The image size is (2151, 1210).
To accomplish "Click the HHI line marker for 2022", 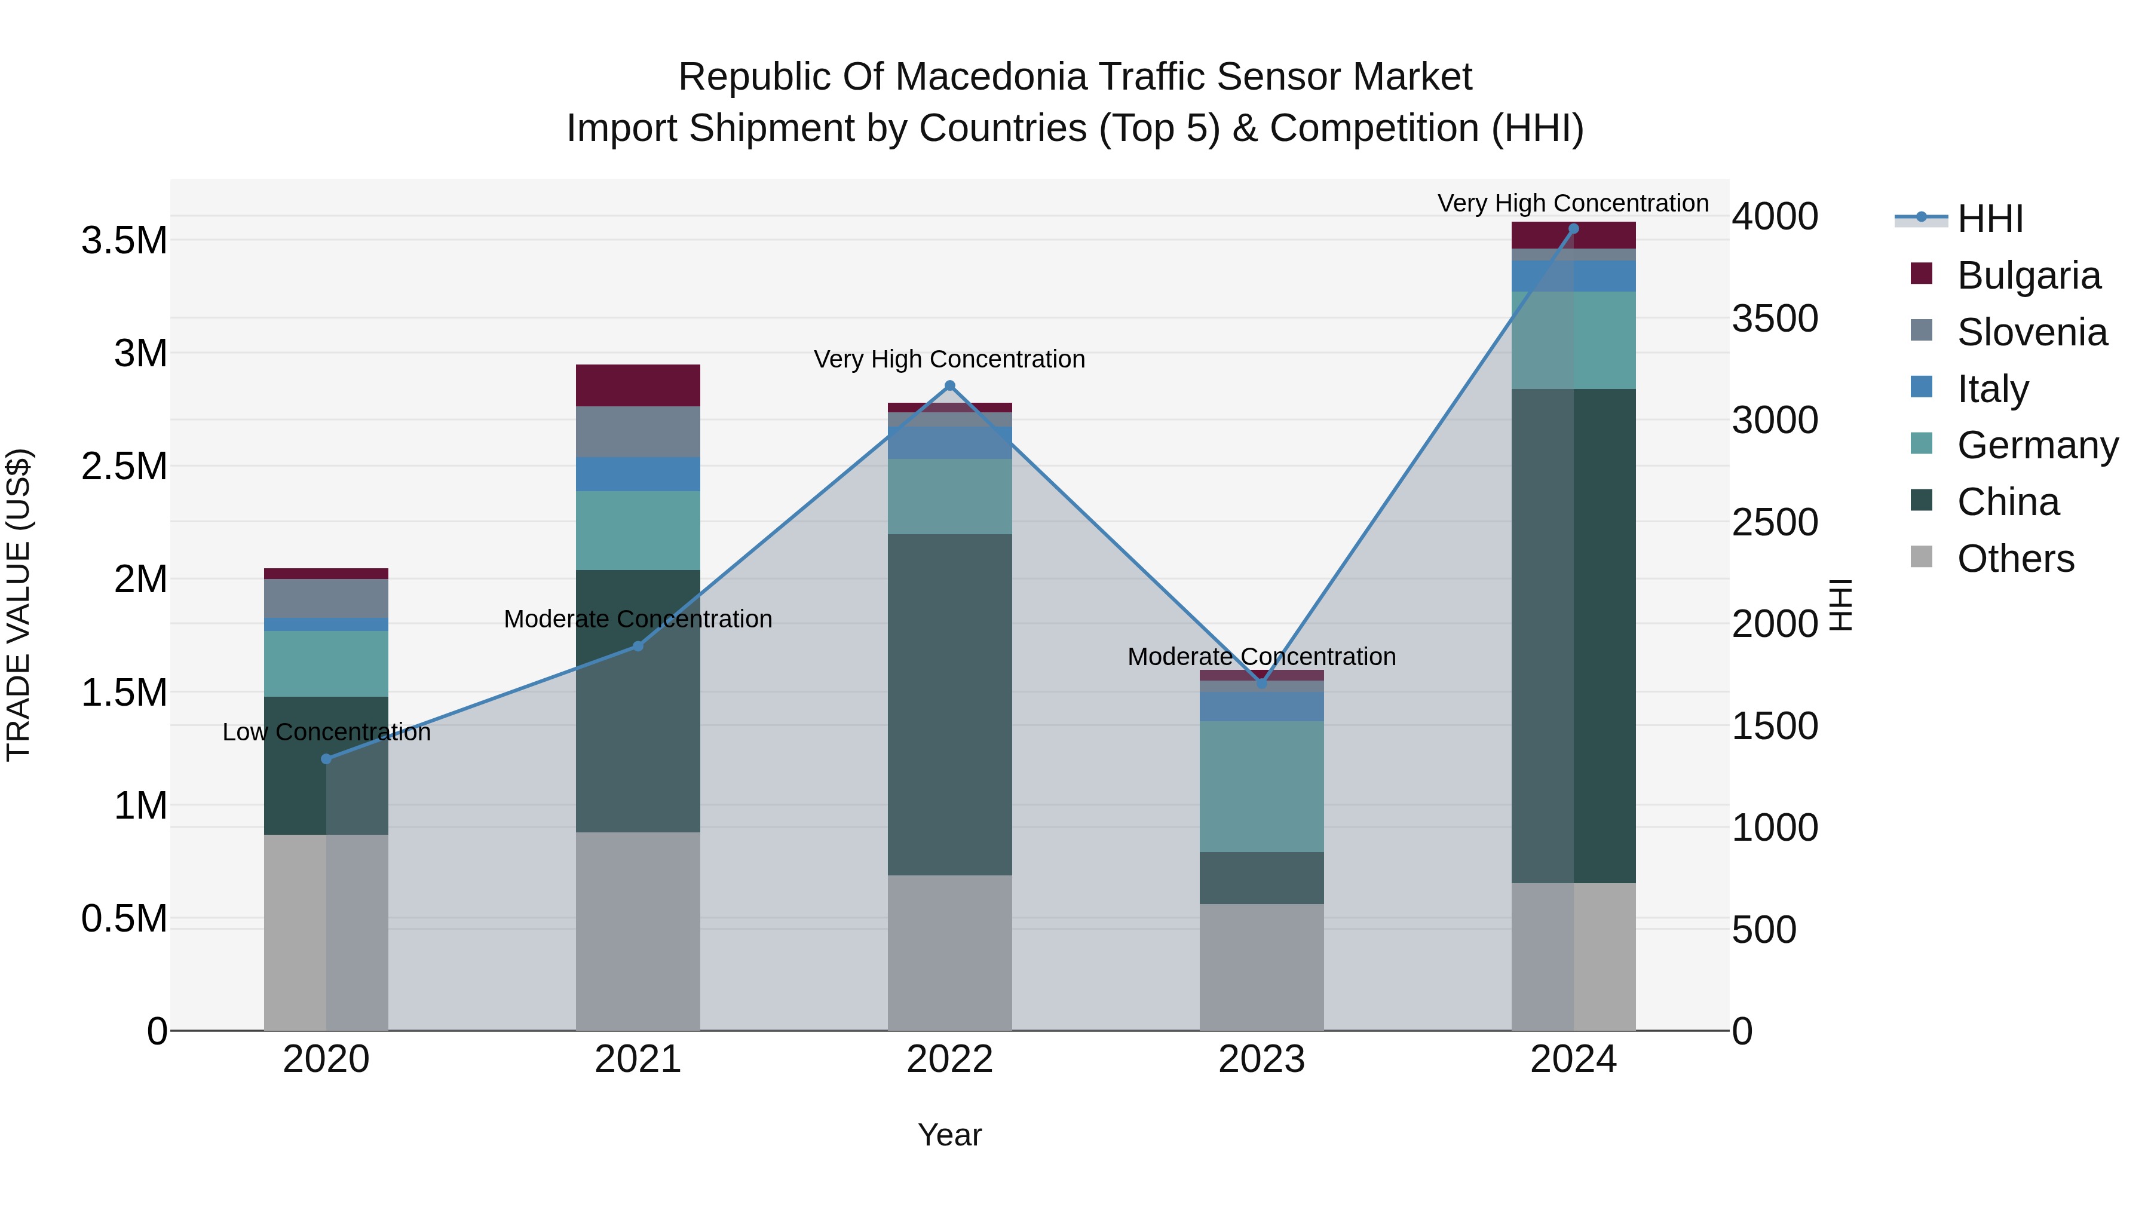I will coord(949,386).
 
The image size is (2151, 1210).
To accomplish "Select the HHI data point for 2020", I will coord(326,759).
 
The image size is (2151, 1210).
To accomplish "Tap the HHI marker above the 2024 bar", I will coord(1573,229).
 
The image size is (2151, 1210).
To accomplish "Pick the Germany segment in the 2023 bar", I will coord(1262,786).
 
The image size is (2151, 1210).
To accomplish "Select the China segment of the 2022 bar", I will coord(949,705).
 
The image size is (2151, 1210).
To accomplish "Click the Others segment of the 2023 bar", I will coord(1262,967).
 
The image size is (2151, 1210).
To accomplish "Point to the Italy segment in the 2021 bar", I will coord(638,474).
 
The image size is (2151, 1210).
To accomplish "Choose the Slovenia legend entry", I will coord(2031,332).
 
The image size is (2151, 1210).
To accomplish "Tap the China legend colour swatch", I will coord(1922,500).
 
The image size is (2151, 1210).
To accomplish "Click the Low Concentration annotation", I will coord(326,733).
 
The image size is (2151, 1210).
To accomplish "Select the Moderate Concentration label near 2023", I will coord(1262,657).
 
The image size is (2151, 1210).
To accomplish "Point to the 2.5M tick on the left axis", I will coord(124,467).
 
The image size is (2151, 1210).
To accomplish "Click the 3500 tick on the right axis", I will coord(1775,319).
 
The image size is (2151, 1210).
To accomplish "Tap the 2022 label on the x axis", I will coord(949,1059).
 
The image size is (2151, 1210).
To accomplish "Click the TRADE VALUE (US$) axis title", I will coord(19,605).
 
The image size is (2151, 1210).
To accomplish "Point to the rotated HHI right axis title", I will coord(1840,605).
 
